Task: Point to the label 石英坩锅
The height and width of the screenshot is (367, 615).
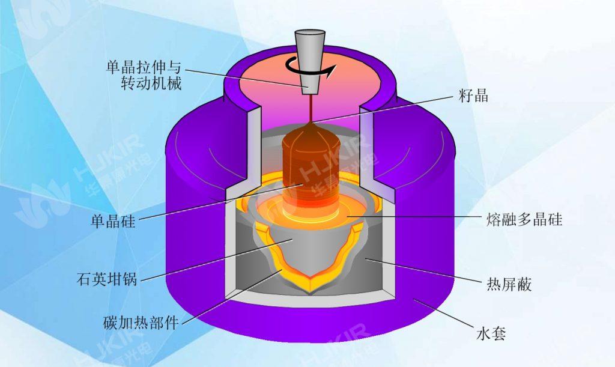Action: click(x=108, y=279)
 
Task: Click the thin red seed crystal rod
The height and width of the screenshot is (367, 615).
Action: click(x=311, y=108)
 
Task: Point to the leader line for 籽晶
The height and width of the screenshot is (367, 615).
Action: click(x=384, y=109)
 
